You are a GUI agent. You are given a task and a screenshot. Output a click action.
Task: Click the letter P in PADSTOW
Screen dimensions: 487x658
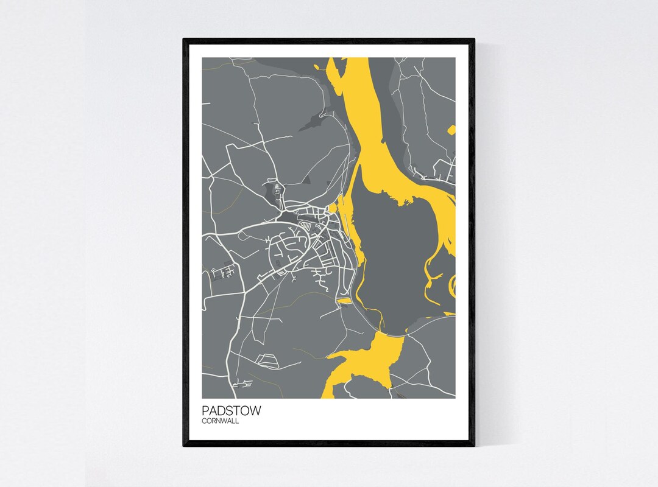(x=206, y=411)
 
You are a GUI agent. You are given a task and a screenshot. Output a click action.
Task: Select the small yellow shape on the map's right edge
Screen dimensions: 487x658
(x=451, y=129)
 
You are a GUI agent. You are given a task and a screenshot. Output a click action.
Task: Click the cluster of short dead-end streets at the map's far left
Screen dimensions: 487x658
(x=222, y=271)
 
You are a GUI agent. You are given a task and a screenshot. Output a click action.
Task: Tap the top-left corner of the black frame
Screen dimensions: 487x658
(x=185, y=40)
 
